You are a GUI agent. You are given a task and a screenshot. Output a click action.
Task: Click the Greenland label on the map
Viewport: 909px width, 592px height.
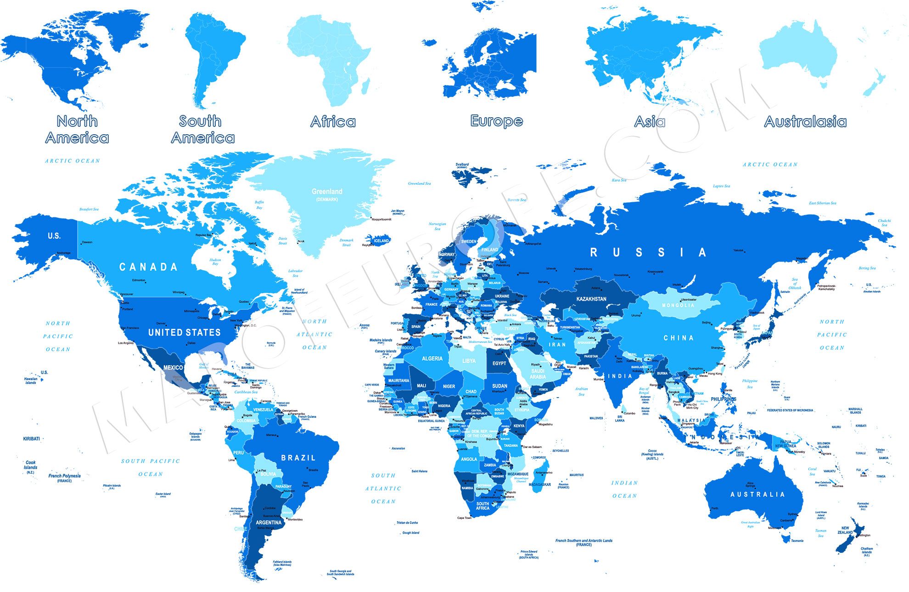(327, 192)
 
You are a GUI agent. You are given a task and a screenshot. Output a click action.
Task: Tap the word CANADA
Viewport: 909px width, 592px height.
(148, 267)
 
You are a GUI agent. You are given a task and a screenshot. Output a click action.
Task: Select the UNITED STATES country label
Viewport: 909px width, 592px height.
(184, 332)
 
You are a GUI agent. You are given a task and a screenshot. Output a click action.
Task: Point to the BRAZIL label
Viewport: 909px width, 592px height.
(298, 458)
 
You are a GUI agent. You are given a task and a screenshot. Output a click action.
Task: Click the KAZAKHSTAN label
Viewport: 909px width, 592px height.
(591, 299)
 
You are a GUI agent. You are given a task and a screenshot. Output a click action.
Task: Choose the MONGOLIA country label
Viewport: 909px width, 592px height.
(678, 305)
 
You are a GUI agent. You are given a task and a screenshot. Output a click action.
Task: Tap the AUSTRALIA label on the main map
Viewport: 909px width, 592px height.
(757, 495)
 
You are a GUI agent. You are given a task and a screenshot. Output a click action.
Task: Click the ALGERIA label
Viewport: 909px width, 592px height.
(432, 359)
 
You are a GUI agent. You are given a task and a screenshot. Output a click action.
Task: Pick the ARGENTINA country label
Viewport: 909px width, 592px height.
(269, 523)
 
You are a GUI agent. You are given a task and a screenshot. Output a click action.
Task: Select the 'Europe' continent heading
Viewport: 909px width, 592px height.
(497, 121)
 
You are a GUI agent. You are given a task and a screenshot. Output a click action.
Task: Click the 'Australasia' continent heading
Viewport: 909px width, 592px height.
(805, 121)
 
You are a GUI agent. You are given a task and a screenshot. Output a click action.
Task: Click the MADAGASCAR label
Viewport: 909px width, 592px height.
(539, 484)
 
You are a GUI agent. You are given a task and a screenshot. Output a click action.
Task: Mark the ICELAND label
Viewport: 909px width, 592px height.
(381, 240)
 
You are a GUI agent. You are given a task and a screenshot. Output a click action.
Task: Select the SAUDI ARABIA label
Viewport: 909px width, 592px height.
(538, 374)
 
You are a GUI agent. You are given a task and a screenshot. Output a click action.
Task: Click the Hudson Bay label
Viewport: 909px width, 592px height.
(215, 262)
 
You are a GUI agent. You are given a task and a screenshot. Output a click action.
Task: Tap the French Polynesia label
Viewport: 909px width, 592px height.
(64, 476)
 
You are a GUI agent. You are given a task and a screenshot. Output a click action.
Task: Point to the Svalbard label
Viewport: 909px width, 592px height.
(462, 164)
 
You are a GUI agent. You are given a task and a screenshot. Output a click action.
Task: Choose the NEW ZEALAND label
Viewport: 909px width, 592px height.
(845, 530)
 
